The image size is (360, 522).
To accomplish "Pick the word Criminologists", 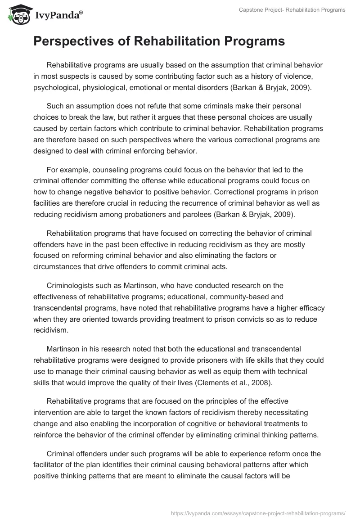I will pyautogui.click(x=74, y=285).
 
